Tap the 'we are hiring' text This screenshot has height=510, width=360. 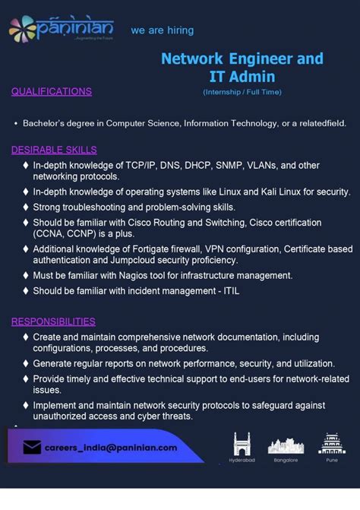[162, 30]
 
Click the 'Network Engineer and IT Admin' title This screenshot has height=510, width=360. [242, 67]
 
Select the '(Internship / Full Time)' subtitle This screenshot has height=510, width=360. [242, 92]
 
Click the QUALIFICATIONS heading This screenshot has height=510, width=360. [52, 91]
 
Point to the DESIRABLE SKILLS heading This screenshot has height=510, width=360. [54, 150]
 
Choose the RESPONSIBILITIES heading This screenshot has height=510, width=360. [53, 322]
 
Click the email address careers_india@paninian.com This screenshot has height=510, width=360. [111, 448]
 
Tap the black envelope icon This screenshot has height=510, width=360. [32, 448]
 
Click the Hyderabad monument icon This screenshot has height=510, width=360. [241, 444]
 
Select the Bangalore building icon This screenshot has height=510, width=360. [286, 445]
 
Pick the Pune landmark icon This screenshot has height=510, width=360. [331, 444]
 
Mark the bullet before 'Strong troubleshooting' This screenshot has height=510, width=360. [27, 207]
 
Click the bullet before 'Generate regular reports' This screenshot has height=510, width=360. [27, 363]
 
